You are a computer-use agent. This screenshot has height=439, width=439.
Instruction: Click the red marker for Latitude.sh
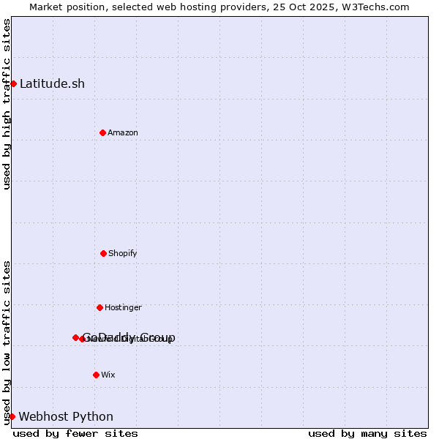(x=13, y=83)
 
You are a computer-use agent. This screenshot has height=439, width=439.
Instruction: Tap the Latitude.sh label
(x=52, y=83)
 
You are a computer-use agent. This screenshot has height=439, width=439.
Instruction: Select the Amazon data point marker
(x=102, y=132)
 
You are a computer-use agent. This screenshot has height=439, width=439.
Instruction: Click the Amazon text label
(x=123, y=132)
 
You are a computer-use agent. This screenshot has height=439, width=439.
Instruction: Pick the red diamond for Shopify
(x=103, y=253)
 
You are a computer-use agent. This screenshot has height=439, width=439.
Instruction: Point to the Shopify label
(x=123, y=253)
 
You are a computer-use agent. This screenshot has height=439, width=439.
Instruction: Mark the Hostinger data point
(x=100, y=307)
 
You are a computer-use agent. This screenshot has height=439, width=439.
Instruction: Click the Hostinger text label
(x=123, y=307)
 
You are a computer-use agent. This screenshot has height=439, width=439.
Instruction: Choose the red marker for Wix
(x=96, y=375)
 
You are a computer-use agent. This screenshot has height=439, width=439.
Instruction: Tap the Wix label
(x=108, y=375)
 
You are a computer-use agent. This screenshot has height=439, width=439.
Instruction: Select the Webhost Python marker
(x=12, y=416)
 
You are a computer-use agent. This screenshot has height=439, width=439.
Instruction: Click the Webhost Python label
(x=66, y=416)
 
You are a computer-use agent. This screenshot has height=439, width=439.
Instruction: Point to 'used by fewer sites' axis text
(x=75, y=433)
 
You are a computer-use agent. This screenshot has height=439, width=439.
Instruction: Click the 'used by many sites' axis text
(x=367, y=433)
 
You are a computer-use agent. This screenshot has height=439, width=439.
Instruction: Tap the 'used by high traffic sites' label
(x=7, y=104)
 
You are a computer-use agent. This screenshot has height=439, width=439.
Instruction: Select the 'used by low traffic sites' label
(x=7, y=342)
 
